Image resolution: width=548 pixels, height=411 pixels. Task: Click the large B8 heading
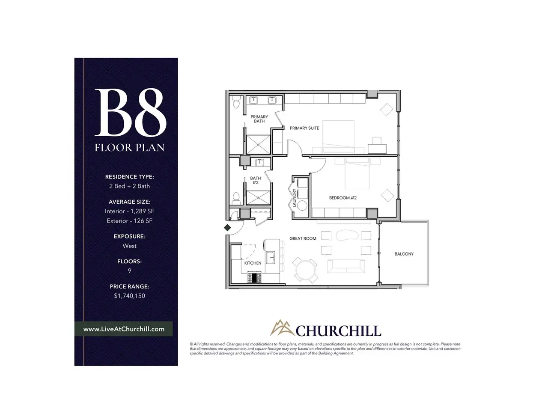click(130, 112)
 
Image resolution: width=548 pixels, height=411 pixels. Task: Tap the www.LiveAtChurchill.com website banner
click(124, 329)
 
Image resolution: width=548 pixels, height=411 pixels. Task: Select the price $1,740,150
click(129, 296)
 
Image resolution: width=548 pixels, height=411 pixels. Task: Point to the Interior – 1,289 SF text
click(129, 211)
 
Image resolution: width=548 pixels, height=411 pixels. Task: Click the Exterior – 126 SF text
click(129, 220)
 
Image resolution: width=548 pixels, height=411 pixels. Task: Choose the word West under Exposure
click(129, 246)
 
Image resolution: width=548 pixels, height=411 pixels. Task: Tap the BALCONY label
click(404, 254)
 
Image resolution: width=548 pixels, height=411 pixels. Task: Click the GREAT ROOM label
click(303, 238)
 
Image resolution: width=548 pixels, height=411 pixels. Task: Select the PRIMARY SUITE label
click(304, 128)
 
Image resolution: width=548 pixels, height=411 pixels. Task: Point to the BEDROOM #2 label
click(343, 198)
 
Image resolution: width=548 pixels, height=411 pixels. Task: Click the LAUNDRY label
click(294, 198)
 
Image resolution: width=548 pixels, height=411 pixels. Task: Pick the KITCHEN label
click(253, 263)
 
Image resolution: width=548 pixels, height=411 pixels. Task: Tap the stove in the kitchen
click(254, 277)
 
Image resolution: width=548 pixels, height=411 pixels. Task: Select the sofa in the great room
click(346, 266)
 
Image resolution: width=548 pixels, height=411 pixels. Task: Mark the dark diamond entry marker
click(227, 228)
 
